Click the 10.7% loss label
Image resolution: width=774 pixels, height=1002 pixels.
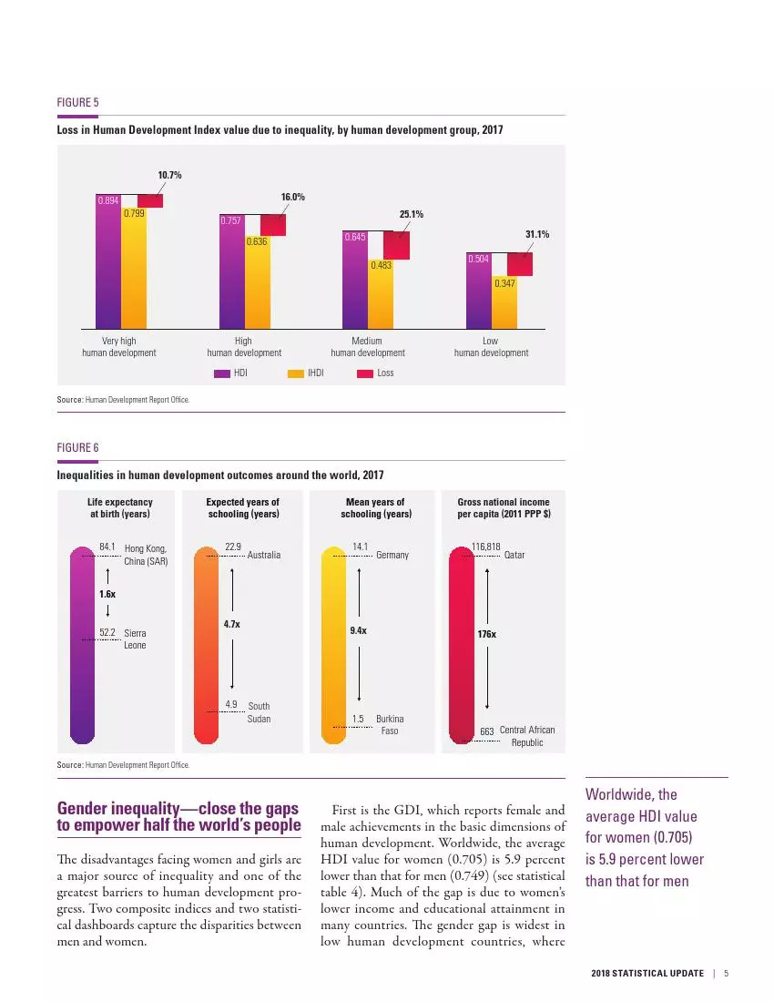170,175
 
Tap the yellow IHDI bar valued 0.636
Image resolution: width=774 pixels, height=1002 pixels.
257,282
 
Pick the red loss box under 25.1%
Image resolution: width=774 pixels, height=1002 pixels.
396,245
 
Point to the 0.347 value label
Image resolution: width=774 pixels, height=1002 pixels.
504,284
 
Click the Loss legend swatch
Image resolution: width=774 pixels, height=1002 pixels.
365,373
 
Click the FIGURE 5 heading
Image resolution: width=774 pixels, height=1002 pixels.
77,103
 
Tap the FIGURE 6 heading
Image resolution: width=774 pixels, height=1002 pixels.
77,447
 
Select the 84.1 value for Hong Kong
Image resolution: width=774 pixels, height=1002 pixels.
107,547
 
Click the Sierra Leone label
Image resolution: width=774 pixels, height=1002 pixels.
135,639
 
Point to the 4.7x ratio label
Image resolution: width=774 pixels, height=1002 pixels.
232,625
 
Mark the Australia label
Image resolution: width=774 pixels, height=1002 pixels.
264,555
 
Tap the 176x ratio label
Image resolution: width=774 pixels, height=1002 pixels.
488,632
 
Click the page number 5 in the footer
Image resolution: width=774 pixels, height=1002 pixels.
727,974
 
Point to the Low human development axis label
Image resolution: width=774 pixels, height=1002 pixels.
491,346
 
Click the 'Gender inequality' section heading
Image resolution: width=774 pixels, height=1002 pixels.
178,816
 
